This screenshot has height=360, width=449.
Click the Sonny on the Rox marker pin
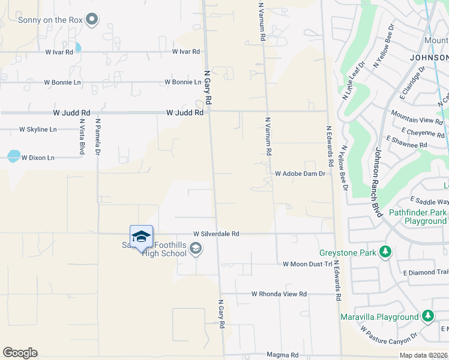coord(92,20)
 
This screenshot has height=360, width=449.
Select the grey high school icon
coord(196,248)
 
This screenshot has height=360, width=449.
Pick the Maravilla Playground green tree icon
coord(427,316)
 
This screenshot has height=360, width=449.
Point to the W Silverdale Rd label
coord(216,234)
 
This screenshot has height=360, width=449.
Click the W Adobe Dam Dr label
coord(300,173)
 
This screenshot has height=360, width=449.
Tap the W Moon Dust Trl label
coord(307,264)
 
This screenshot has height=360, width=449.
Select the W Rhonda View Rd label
coord(279,294)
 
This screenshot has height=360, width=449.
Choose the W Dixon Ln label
coord(38,158)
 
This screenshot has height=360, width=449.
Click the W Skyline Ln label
coord(38,129)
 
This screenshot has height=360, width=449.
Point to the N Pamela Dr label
coord(98,137)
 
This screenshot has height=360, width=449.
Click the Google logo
coord(20,353)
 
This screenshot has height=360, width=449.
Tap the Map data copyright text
coord(424,355)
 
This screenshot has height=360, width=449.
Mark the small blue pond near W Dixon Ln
coord(13,156)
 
